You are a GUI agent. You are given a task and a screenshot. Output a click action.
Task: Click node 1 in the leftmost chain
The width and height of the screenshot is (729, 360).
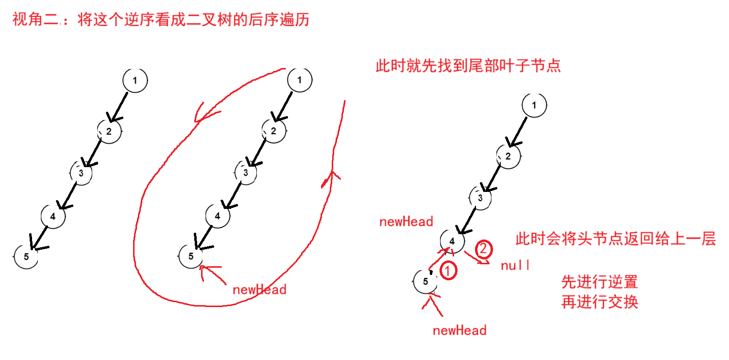coord(135,81)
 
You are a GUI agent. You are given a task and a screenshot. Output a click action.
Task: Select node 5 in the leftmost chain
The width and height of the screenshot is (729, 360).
coord(26,257)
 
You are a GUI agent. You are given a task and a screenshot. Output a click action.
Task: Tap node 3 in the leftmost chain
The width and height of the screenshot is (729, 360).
coord(82,172)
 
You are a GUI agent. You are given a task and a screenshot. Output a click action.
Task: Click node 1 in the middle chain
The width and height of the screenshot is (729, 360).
coord(300,81)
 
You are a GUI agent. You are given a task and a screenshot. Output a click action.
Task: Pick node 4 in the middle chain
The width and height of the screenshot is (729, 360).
coord(218,216)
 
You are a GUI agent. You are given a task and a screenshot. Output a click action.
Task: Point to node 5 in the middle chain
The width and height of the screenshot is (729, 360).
coord(191,256)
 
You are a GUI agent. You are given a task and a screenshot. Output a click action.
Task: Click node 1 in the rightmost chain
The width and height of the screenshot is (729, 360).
coord(534,105)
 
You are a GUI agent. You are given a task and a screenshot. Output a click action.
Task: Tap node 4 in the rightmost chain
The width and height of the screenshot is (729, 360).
coord(452,240)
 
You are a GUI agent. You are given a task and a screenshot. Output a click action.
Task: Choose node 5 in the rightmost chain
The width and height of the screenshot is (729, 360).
coord(425,281)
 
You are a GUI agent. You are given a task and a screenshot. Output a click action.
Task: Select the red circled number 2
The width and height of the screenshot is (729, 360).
coord(483,249)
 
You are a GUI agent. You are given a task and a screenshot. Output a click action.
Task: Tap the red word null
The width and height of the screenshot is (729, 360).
coord(515,266)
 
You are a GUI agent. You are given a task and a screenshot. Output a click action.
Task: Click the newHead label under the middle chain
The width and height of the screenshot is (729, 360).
coord(259,290)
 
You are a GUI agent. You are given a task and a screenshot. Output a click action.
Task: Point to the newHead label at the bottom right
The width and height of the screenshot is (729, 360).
coord(459,331)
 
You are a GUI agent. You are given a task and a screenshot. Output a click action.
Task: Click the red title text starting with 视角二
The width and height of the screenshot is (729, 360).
coord(161,20)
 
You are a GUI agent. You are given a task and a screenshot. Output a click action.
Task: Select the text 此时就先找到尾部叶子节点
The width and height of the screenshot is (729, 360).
coord(468,66)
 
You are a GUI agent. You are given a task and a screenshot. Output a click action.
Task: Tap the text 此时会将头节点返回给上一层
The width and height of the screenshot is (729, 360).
coord(615,239)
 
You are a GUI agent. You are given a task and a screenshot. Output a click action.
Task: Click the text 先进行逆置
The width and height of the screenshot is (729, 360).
coord(599,282)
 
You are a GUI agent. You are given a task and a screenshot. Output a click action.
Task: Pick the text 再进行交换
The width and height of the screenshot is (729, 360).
coord(599,302)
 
